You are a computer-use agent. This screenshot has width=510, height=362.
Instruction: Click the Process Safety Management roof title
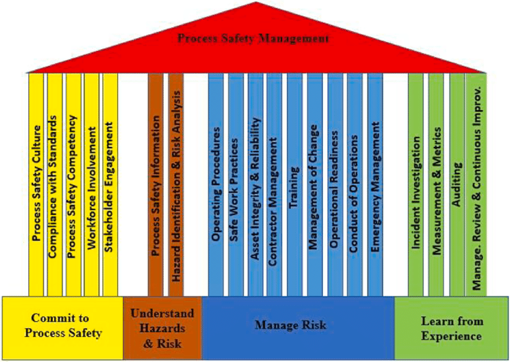coord(253,39)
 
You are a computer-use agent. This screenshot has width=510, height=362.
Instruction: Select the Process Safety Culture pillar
coord(37,183)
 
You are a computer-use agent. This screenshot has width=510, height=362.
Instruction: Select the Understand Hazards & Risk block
coord(162,328)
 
